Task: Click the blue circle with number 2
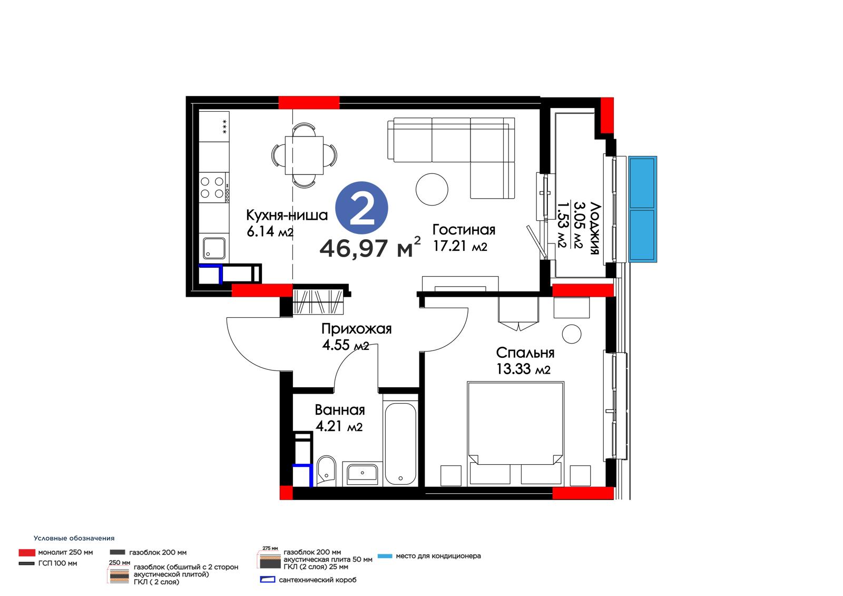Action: tap(361, 208)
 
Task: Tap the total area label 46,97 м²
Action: tap(370, 247)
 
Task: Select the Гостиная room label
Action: tap(464, 229)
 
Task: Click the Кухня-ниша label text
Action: tap(287, 214)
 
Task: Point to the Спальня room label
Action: tap(525, 353)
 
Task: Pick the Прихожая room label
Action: tap(356, 329)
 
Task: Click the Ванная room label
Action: tap(340, 409)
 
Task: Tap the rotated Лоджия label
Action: tap(594, 228)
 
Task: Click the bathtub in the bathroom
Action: tap(400, 444)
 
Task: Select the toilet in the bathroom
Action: tap(326, 470)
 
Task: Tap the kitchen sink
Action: tap(214, 248)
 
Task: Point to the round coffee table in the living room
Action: tap(432, 189)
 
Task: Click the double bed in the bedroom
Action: tap(516, 433)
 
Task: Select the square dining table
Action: tap(304, 155)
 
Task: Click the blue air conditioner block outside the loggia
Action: tap(642, 209)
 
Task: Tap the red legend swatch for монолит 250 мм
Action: tap(27, 552)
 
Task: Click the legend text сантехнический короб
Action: tap(317, 580)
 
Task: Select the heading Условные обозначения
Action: tap(74, 538)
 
